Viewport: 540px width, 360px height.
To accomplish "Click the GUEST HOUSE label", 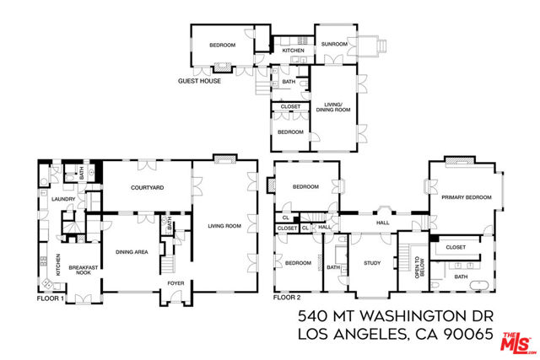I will point(199,82).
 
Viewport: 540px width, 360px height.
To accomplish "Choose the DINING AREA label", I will point(132,252).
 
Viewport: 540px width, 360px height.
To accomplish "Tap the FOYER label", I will point(175,284).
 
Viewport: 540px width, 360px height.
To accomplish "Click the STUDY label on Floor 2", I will point(372,263).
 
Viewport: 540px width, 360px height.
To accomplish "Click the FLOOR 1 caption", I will point(51,298).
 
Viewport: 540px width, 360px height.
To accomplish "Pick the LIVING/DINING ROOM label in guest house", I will point(335,107).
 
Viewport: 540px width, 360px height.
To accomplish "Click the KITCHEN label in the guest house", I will point(293,51).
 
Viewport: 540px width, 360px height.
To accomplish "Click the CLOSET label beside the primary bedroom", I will point(456,247).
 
